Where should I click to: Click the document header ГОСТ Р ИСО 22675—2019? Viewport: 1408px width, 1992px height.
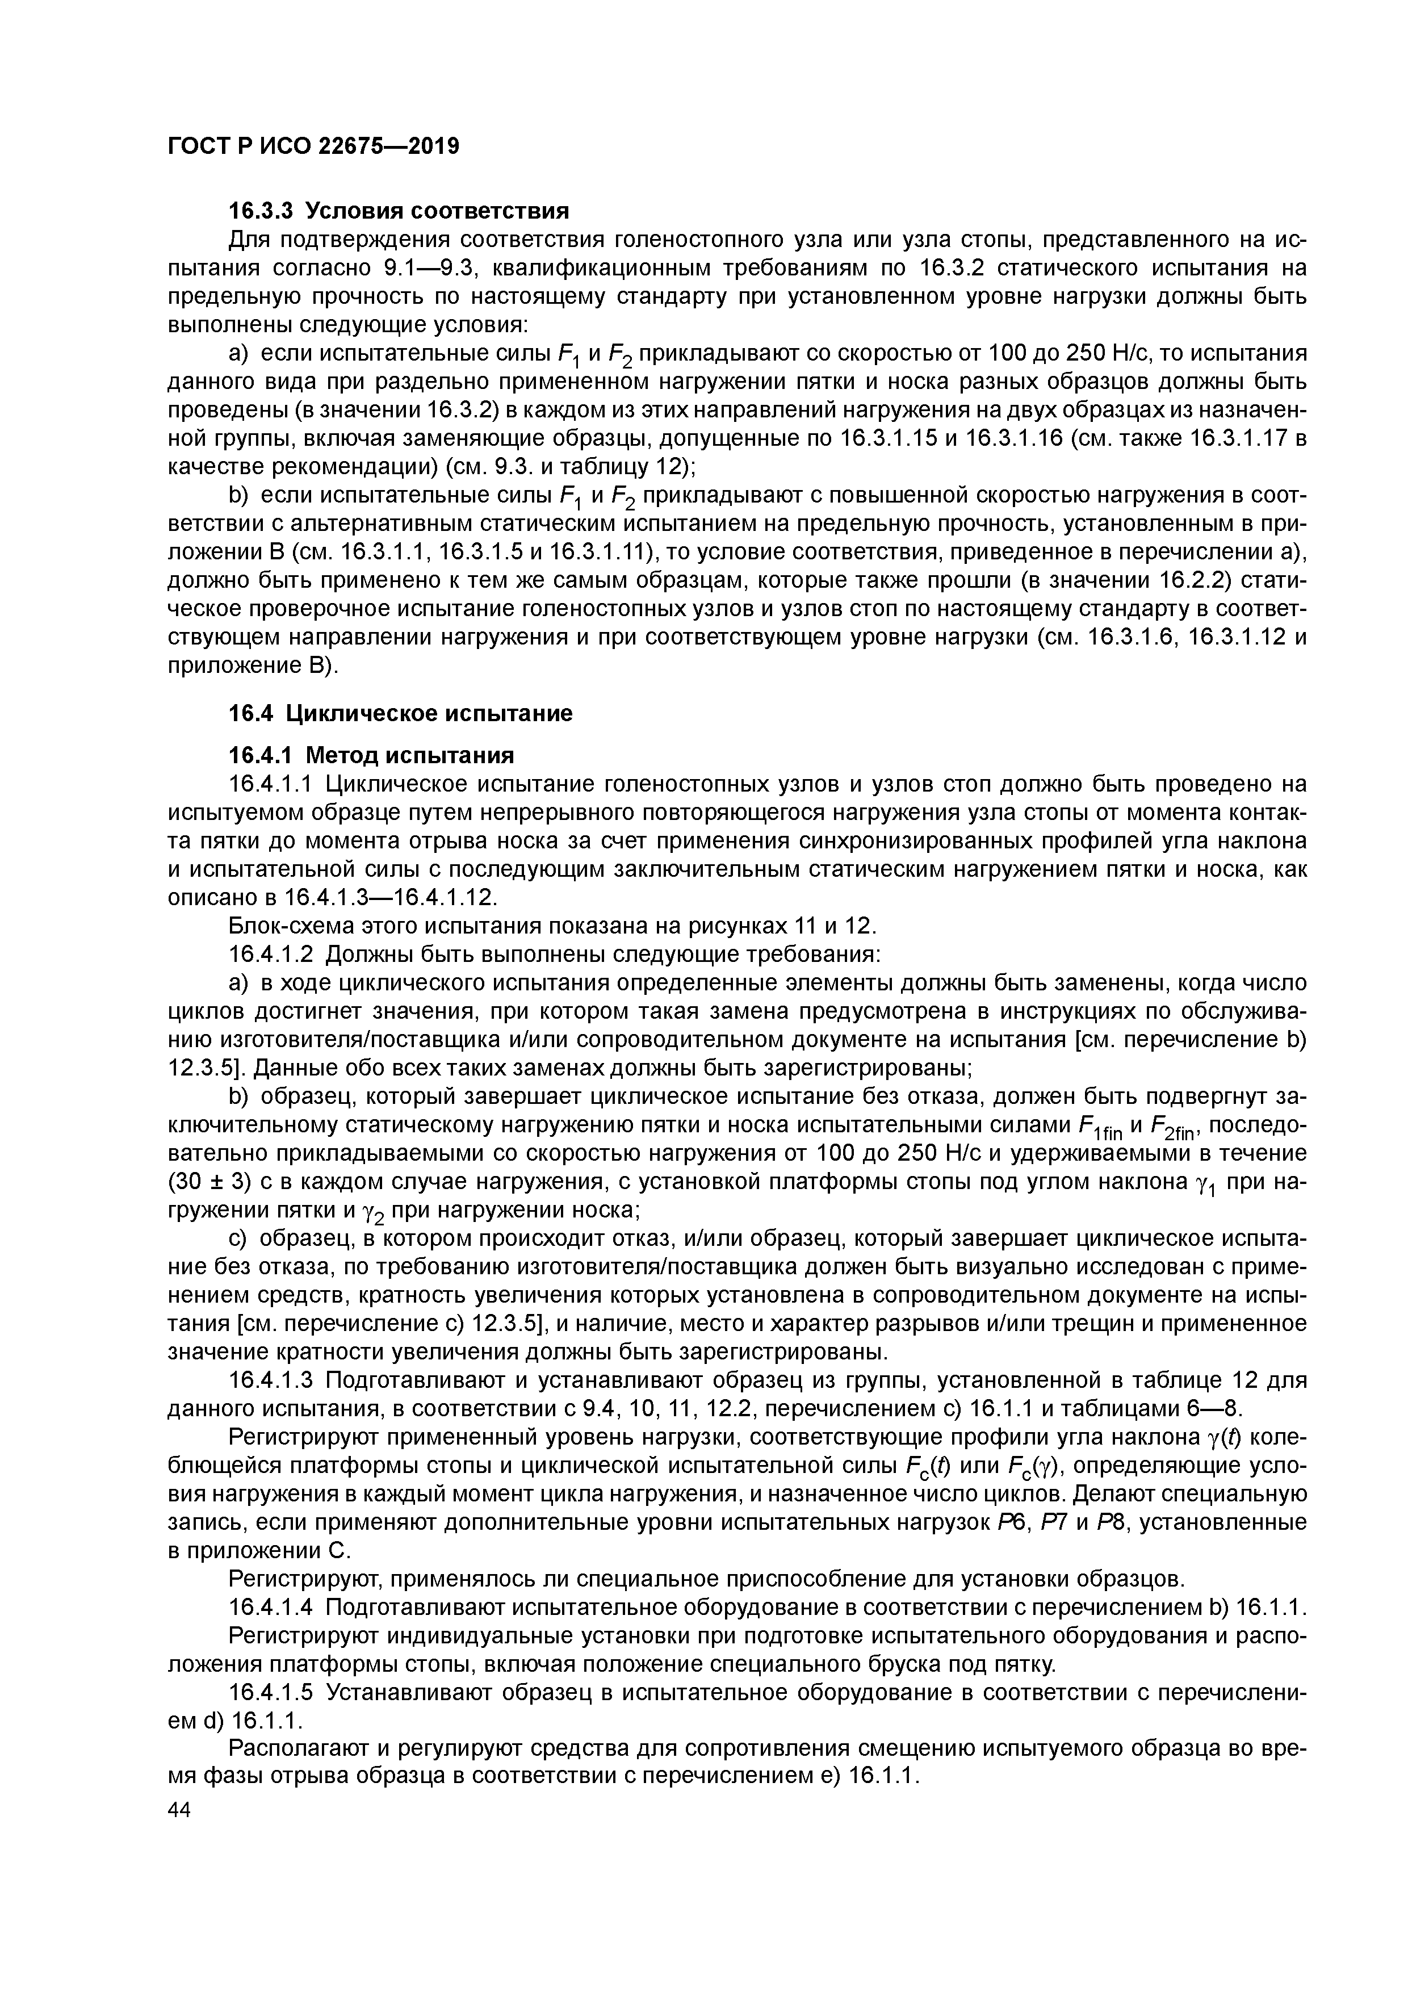click(312, 147)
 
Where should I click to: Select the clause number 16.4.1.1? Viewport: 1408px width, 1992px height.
click(273, 784)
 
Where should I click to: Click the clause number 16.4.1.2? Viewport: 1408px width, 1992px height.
click(273, 955)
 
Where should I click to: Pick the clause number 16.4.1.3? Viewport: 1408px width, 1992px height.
click(273, 1380)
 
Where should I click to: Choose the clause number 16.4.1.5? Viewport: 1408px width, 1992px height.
click(273, 1693)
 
